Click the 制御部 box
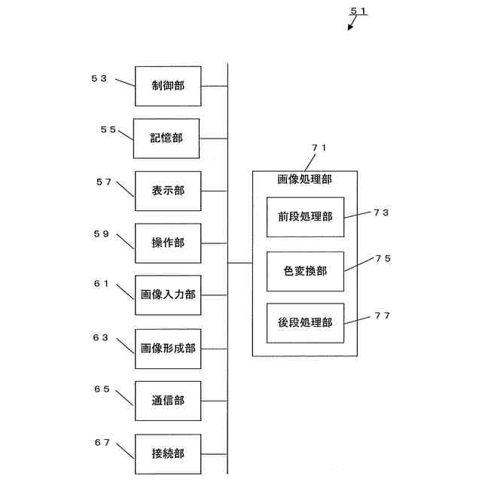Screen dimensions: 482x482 coord(168,86)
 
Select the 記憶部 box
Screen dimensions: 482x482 coord(166,139)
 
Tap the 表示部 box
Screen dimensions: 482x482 coord(168,191)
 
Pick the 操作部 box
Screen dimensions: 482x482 coord(168,243)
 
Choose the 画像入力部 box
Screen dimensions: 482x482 coord(168,295)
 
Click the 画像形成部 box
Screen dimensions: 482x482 coord(168,349)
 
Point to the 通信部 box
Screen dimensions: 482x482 coord(168,401)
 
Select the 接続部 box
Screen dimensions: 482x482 coord(168,454)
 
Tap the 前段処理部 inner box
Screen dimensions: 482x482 coord(305,217)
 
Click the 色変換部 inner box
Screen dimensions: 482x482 coord(305,271)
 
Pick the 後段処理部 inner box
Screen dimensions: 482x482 coord(305,323)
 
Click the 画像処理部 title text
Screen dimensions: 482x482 coord(304,180)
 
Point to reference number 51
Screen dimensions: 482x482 coord(359,11)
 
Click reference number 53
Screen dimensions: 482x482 coord(99,78)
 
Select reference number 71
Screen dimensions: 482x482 coord(319,148)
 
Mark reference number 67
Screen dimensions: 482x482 coord(102,442)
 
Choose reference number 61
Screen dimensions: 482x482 coord(102,284)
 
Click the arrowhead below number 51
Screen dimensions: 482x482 coord(349,28)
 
